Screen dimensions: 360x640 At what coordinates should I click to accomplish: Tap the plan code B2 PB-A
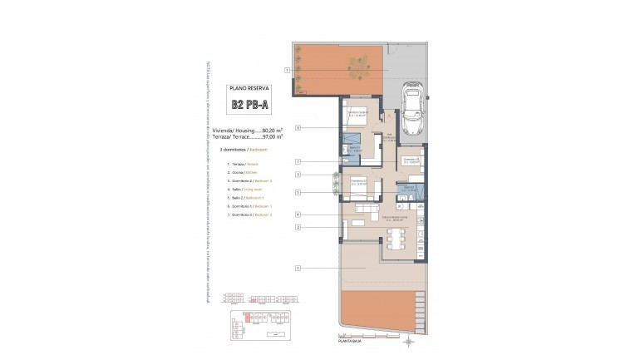[x=250, y=105]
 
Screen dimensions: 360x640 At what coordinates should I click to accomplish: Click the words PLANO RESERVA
[x=250, y=86]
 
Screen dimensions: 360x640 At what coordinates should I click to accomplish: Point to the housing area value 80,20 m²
[x=272, y=131]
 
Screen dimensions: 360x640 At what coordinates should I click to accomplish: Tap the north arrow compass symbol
[x=407, y=341]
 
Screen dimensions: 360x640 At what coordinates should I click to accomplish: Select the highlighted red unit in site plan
[x=246, y=317]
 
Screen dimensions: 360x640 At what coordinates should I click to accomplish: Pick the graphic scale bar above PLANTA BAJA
[x=353, y=334]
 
